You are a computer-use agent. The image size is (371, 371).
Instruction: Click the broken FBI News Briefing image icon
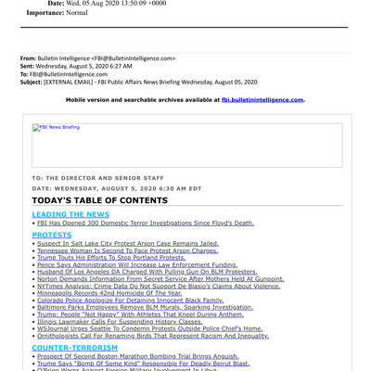(35, 127)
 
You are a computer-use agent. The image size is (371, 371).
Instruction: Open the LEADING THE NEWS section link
(70, 214)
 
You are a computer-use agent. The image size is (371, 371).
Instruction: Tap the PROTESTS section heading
(52, 235)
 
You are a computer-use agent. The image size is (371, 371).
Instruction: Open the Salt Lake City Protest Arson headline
(128, 243)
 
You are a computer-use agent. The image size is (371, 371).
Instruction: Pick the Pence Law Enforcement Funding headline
(137, 264)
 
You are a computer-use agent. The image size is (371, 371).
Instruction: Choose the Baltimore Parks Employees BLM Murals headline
(145, 307)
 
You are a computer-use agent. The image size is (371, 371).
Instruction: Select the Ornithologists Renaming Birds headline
(152, 336)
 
